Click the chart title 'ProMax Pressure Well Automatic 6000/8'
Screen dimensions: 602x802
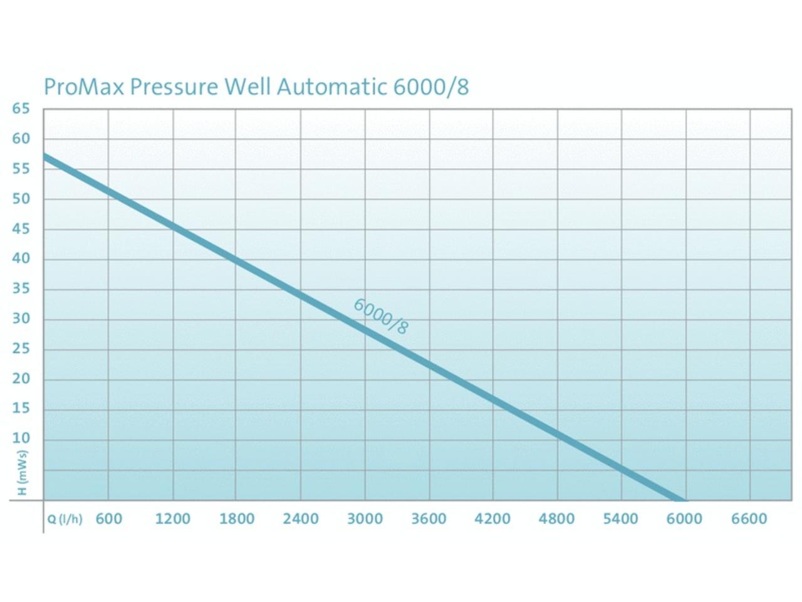pyautogui.click(x=256, y=87)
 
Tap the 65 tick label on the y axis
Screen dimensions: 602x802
pyautogui.click(x=21, y=108)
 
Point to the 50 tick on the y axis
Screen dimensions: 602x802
pyautogui.click(x=21, y=199)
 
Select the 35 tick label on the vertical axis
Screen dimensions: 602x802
pyautogui.click(x=21, y=289)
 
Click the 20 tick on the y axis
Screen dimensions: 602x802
pyautogui.click(x=21, y=379)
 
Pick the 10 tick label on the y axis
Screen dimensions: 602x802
pyautogui.click(x=21, y=438)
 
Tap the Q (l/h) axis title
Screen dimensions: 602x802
pyautogui.click(x=65, y=519)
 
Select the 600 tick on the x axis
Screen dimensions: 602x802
pyautogui.click(x=109, y=519)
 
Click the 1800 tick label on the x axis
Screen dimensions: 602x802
pyautogui.click(x=236, y=519)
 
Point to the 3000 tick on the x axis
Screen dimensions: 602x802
pyautogui.click(x=365, y=519)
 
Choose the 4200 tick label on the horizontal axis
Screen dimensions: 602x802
pyautogui.click(x=492, y=519)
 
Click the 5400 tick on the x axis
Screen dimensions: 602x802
pyautogui.click(x=620, y=519)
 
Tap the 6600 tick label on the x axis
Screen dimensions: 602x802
pyautogui.click(x=749, y=519)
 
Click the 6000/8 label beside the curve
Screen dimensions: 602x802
pyautogui.click(x=380, y=317)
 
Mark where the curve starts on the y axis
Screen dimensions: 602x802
pyautogui.click(x=44, y=156)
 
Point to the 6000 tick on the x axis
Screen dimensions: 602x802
pyautogui.click(x=684, y=519)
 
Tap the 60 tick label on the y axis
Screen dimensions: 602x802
pyautogui.click(x=21, y=139)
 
